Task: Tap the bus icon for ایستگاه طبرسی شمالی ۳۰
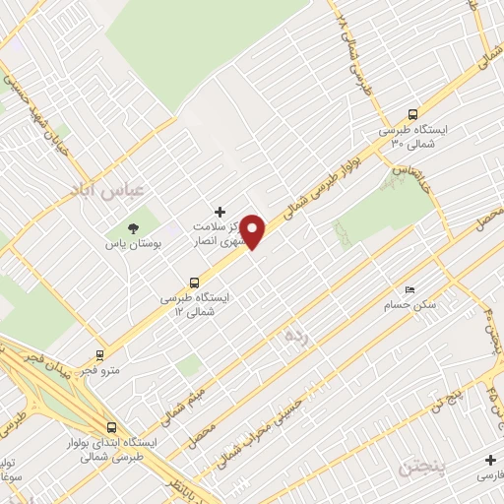[412, 113]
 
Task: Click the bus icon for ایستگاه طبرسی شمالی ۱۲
[193, 279]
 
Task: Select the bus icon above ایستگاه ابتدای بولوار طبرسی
[110, 428]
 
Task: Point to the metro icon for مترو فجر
[99, 355]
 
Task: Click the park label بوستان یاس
[136, 243]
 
